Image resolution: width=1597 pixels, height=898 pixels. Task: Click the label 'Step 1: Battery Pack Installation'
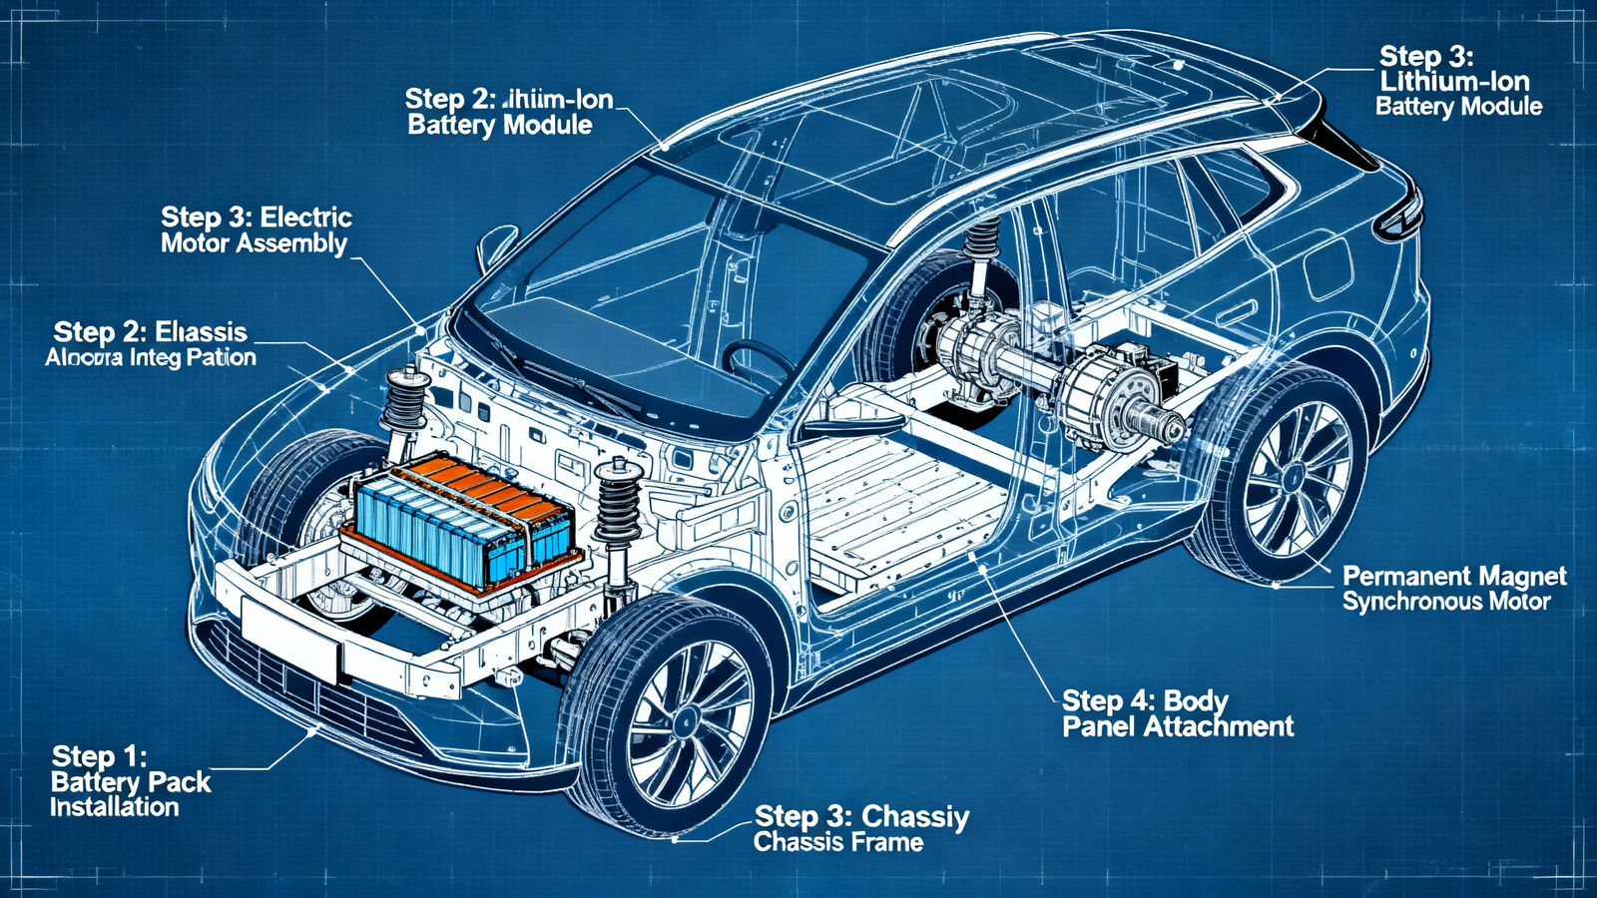[130, 782]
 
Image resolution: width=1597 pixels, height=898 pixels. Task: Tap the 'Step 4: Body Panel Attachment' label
[1177, 713]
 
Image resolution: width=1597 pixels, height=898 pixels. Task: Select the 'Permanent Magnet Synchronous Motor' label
[1453, 589]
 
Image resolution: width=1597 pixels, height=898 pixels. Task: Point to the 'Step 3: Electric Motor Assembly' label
[256, 230]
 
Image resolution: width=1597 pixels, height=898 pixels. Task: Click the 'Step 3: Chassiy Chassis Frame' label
[860, 829]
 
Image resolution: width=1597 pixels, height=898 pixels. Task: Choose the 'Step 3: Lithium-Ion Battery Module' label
[1457, 82]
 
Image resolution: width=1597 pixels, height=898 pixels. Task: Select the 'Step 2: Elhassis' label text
[150, 332]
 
